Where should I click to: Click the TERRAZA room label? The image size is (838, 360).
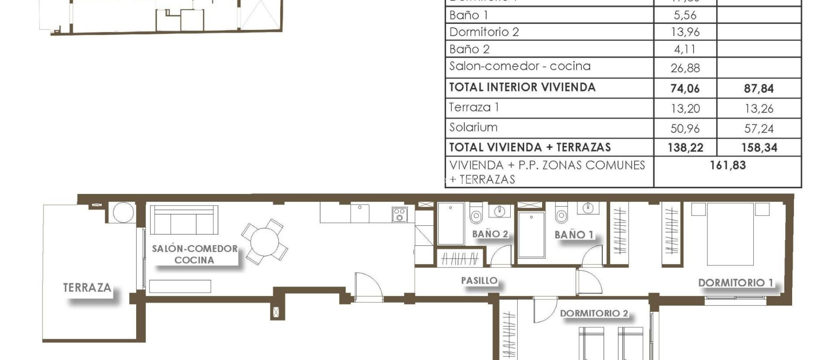(87, 288)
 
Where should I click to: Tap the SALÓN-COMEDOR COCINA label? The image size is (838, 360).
(194, 254)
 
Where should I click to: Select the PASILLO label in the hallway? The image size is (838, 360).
(479, 281)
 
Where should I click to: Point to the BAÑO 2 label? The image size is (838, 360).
(490, 234)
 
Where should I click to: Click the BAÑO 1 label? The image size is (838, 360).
(574, 234)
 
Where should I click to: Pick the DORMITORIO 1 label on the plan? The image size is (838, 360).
(735, 283)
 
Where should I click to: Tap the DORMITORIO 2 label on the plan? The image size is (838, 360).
(594, 313)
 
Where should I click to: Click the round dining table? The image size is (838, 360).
(265, 242)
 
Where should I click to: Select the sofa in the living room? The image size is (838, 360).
(184, 220)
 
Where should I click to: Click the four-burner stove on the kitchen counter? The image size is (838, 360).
(400, 214)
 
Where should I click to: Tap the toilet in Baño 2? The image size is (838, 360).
(476, 213)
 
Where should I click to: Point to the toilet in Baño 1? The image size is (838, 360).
(561, 213)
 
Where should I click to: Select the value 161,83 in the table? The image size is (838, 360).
(728, 165)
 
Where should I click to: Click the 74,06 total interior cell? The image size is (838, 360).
(685, 88)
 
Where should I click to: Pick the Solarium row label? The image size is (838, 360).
(473, 127)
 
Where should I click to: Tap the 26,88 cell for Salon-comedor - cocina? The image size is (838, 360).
(685, 68)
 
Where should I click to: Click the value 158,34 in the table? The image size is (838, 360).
(759, 148)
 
